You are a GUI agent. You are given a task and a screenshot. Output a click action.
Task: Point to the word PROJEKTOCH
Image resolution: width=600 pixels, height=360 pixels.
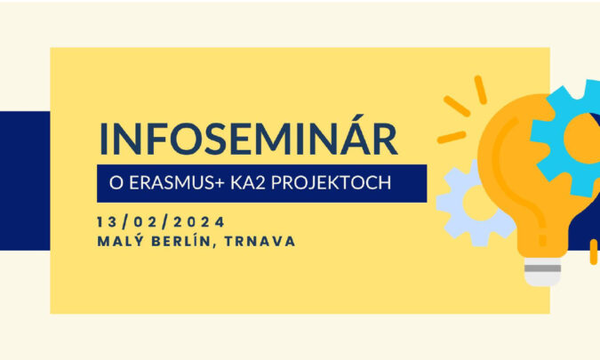(x=331, y=183)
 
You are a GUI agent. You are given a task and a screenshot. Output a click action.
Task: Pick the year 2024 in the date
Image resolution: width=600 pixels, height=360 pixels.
(x=198, y=222)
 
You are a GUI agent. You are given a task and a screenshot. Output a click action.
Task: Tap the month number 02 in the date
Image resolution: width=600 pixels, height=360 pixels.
(x=145, y=222)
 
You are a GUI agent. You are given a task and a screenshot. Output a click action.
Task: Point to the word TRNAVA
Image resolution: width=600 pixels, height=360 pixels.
(x=260, y=242)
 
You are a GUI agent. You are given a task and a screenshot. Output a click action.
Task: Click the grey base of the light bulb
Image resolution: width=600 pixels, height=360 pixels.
(x=542, y=271)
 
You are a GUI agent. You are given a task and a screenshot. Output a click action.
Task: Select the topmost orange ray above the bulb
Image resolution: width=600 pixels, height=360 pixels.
(x=480, y=90)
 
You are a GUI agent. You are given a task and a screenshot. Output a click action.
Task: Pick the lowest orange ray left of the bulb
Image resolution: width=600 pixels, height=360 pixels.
(x=452, y=138)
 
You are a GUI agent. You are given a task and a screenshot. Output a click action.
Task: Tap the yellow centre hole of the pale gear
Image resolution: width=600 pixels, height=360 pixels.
(x=479, y=204)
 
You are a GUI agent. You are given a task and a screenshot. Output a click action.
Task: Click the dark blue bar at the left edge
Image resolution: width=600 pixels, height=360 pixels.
(x=25, y=180)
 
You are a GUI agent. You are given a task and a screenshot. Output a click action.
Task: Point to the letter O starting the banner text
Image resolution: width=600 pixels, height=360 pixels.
(x=116, y=183)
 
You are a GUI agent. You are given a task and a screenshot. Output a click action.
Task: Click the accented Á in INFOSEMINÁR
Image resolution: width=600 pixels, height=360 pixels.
(x=352, y=135)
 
